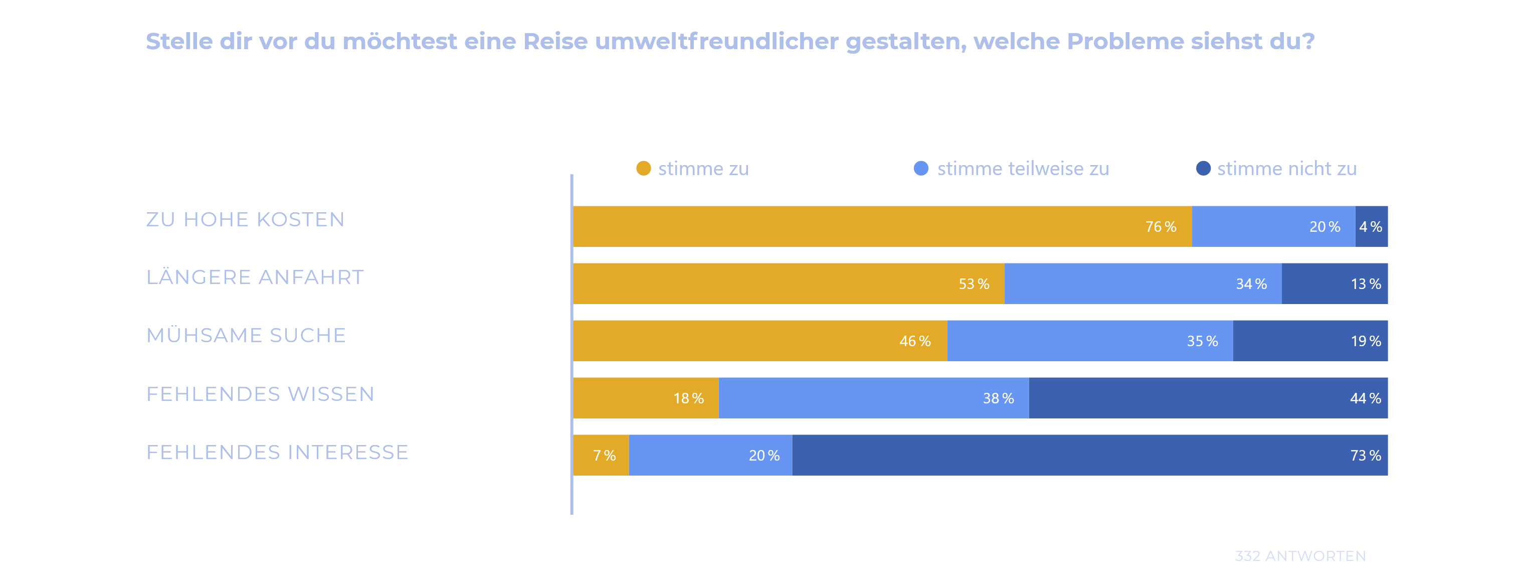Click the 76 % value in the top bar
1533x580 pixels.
(1161, 227)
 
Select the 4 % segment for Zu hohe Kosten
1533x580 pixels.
(1371, 227)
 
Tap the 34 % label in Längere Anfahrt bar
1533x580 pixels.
(1251, 284)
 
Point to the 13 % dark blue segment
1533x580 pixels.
(1334, 284)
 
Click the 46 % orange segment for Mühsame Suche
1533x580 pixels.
(759, 341)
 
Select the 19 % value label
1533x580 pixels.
(1365, 341)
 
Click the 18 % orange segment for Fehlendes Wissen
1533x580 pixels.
(646, 398)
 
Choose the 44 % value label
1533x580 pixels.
(1365, 398)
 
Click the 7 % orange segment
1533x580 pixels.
(601, 455)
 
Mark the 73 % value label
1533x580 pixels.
(1365, 456)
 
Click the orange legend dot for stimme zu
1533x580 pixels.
(643, 169)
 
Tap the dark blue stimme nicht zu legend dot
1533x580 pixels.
(1203, 169)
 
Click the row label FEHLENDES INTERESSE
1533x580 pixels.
(277, 453)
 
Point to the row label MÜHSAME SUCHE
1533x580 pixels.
(246, 336)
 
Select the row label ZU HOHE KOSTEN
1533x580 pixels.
(245, 220)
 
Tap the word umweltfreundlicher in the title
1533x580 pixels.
(716, 42)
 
